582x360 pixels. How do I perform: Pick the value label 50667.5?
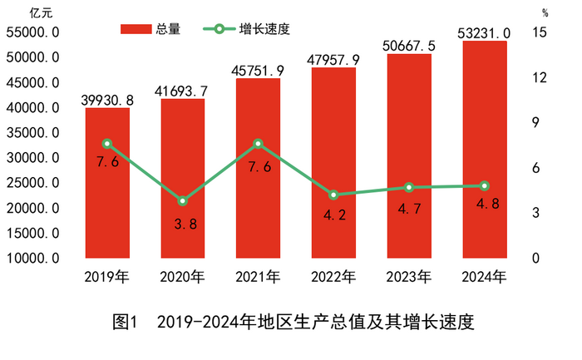(x=409, y=46)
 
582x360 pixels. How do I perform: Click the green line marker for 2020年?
(x=183, y=200)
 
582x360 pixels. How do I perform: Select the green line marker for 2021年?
(x=258, y=144)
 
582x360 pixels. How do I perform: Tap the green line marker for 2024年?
(x=485, y=185)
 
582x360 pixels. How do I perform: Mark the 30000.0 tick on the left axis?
(x=32, y=158)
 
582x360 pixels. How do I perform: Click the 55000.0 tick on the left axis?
(x=32, y=32)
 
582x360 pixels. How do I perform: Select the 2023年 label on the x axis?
(x=409, y=275)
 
